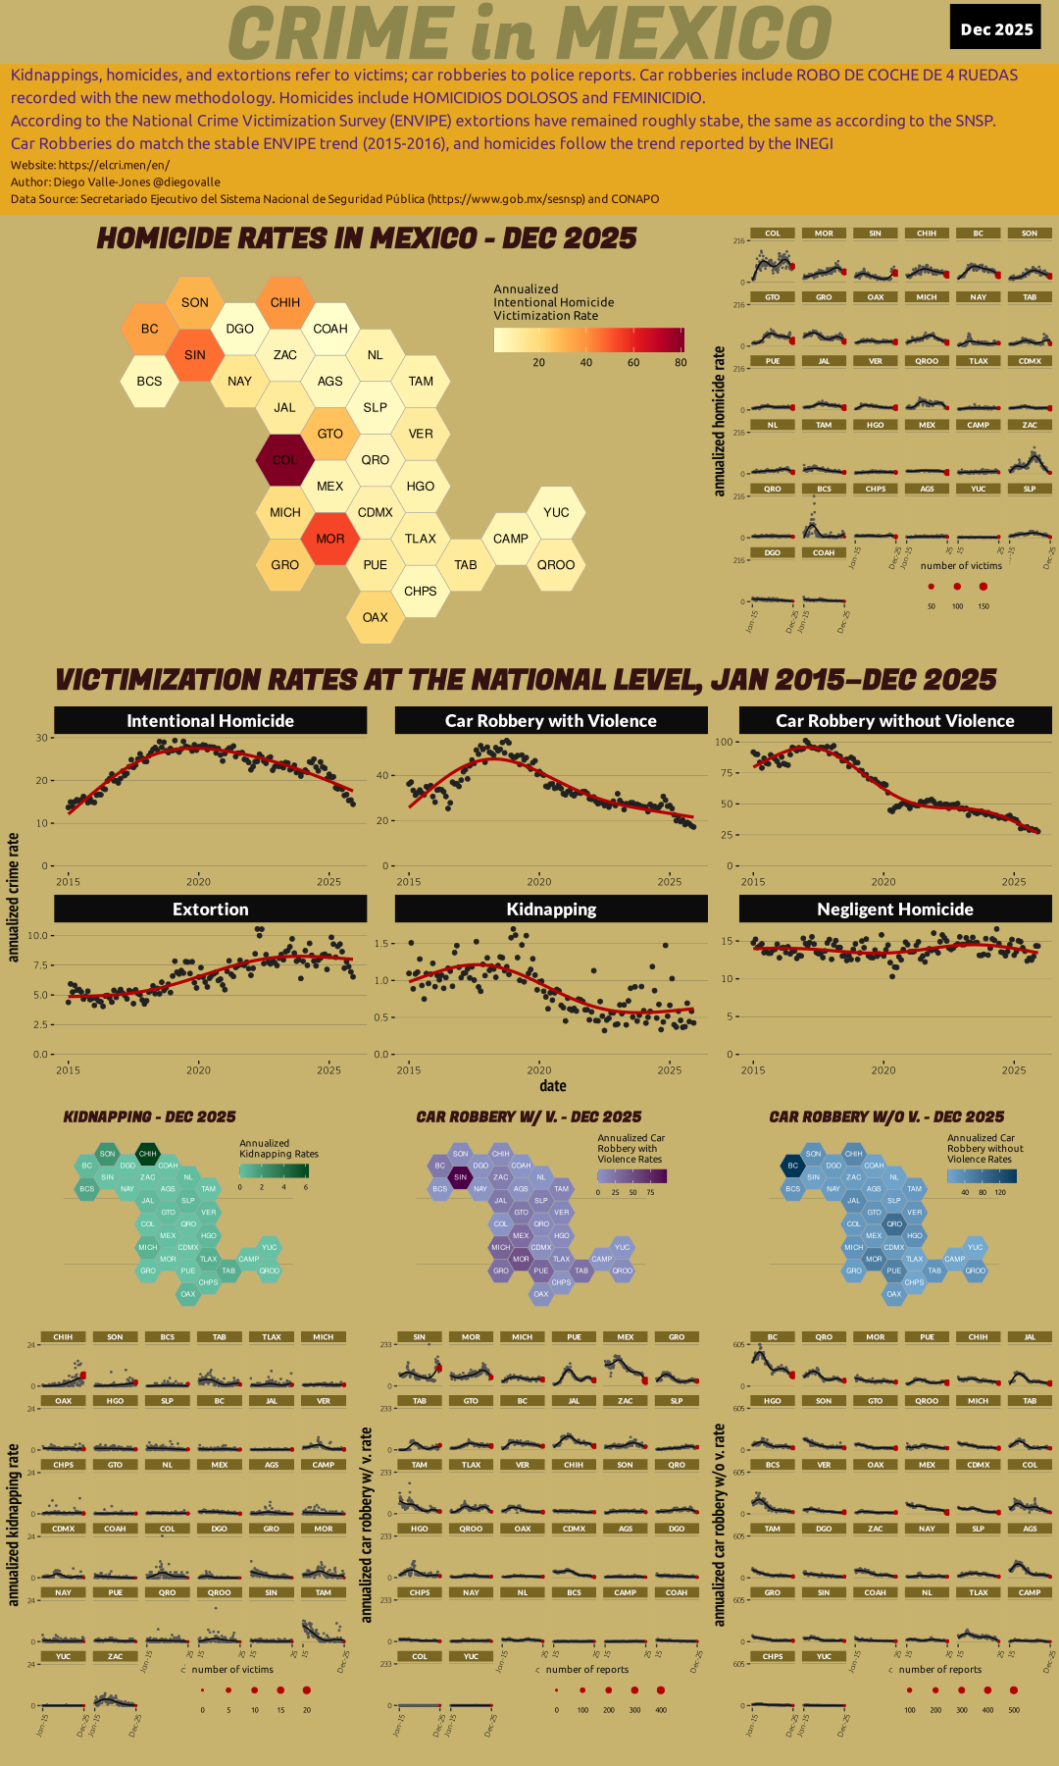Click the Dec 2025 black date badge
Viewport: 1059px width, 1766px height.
pos(996,28)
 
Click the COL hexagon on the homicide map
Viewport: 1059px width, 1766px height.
pos(284,459)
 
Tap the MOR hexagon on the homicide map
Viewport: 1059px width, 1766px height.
pos(330,539)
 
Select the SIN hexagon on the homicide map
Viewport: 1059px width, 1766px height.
pos(195,354)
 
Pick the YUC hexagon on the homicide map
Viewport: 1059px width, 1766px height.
pos(556,512)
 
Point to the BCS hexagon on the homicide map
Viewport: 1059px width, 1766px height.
pos(149,381)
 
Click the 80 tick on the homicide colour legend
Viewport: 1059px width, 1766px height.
pos(681,362)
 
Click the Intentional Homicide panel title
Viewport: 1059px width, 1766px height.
pos(210,720)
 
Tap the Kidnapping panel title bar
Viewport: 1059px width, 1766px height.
pos(551,909)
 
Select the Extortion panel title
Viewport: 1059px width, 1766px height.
pos(210,909)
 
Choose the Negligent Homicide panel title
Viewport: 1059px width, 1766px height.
pos(894,909)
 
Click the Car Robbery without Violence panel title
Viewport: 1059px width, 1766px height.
pos(894,720)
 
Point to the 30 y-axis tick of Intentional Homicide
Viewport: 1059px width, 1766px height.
pos(42,738)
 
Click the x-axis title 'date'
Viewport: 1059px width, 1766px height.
pos(552,1085)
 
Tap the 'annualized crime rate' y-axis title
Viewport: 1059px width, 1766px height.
pos(14,897)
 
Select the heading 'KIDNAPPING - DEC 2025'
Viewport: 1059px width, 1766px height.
pos(149,1117)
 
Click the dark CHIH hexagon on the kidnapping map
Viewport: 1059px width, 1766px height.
pos(147,1154)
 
